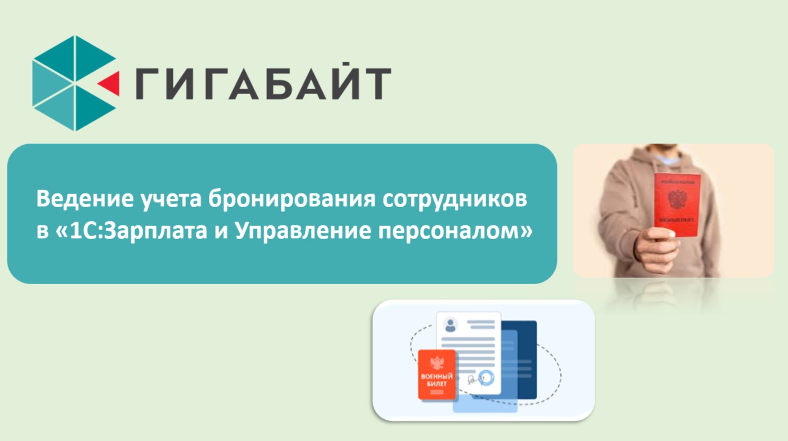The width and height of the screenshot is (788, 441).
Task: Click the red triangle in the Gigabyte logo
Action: (111, 83)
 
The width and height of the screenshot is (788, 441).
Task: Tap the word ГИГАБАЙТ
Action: (263, 83)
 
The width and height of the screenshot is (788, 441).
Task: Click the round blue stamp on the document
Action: (486, 378)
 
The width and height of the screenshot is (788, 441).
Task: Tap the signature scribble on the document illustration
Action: (470, 380)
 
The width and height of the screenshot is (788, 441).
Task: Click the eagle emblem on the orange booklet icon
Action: (437, 363)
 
